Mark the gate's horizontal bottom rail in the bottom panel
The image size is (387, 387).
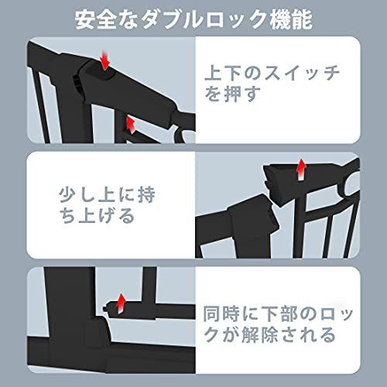tap(116, 365)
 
